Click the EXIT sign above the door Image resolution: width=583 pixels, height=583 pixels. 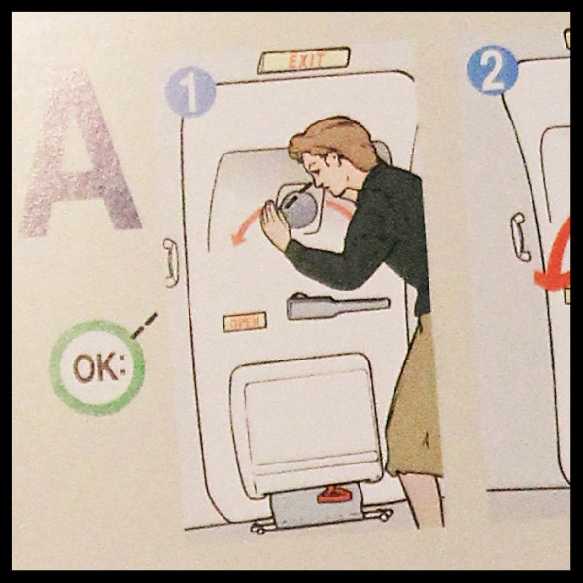point(303,60)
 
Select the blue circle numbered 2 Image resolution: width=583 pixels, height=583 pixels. point(493,71)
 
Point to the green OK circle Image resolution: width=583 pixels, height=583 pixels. point(96,367)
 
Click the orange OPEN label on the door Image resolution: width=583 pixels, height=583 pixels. point(244,322)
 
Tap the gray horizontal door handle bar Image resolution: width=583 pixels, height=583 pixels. point(335,306)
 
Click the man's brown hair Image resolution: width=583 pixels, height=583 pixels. point(333,139)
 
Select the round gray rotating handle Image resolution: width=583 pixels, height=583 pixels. point(299,208)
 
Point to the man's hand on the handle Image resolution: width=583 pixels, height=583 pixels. point(275,226)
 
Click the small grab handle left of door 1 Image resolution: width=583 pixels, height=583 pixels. point(171,262)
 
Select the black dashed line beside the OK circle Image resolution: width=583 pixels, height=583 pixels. point(144,325)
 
